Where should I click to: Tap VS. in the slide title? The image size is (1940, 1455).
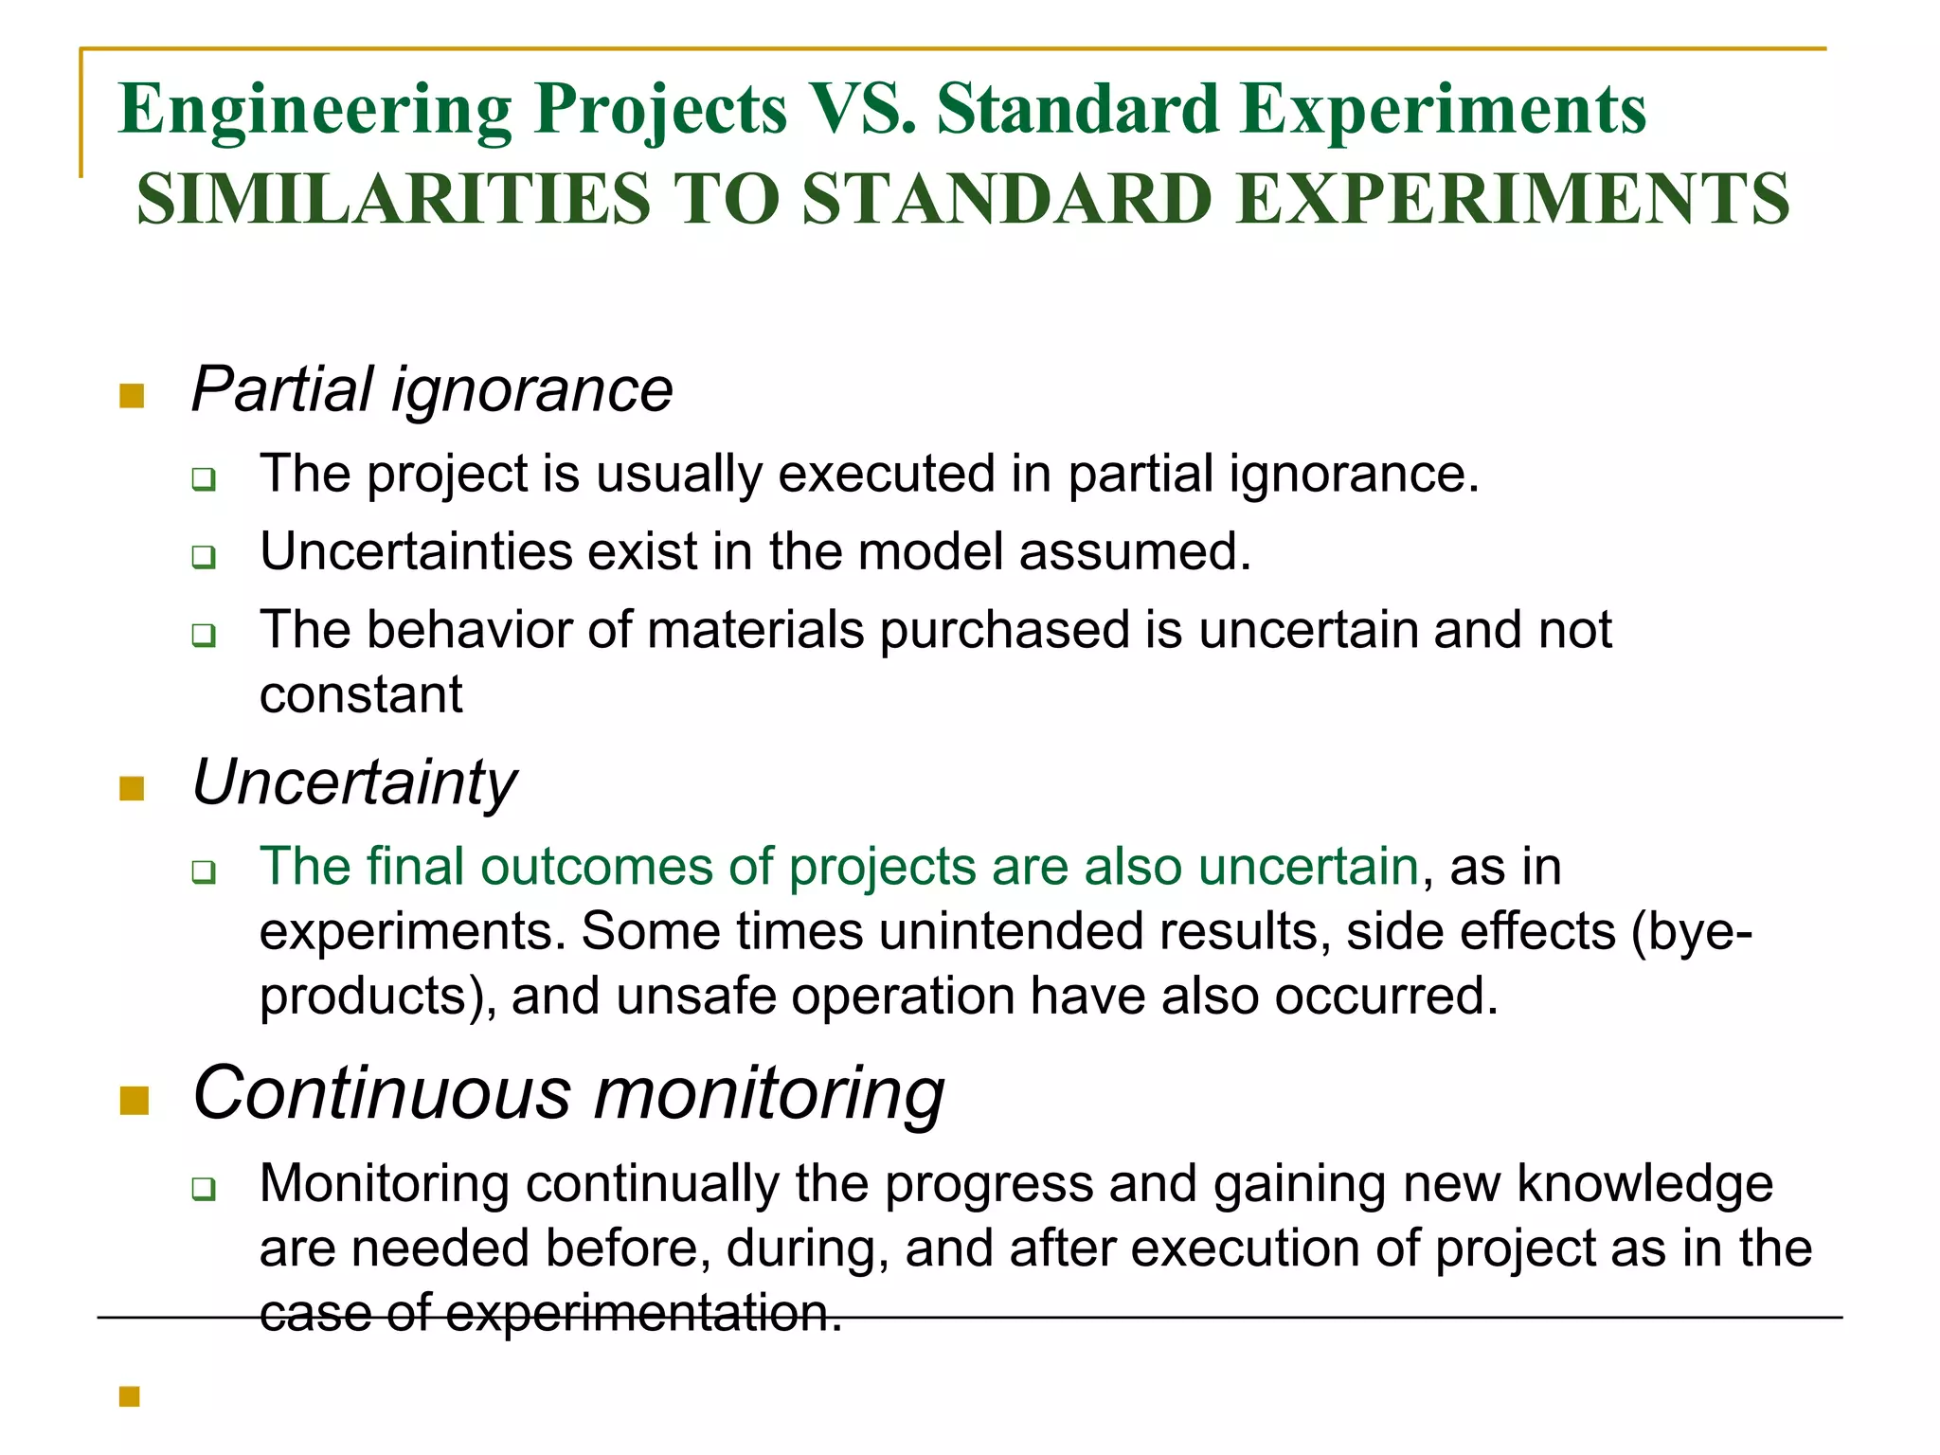tap(861, 109)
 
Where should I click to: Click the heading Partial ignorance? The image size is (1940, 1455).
tap(432, 389)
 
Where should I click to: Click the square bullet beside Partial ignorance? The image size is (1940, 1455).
tap(132, 396)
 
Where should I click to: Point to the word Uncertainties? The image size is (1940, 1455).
tap(416, 551)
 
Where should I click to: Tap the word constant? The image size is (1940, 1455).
tap(361, 694)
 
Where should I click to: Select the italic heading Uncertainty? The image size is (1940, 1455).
tap(354, 782)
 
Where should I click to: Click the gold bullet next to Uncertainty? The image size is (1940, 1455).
tap(132, 788)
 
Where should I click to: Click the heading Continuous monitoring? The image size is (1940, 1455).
tap(568, 1093)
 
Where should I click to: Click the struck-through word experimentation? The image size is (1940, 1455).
tap(643, 1314)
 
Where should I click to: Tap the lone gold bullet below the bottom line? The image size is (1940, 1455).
tap(130, 1396)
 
